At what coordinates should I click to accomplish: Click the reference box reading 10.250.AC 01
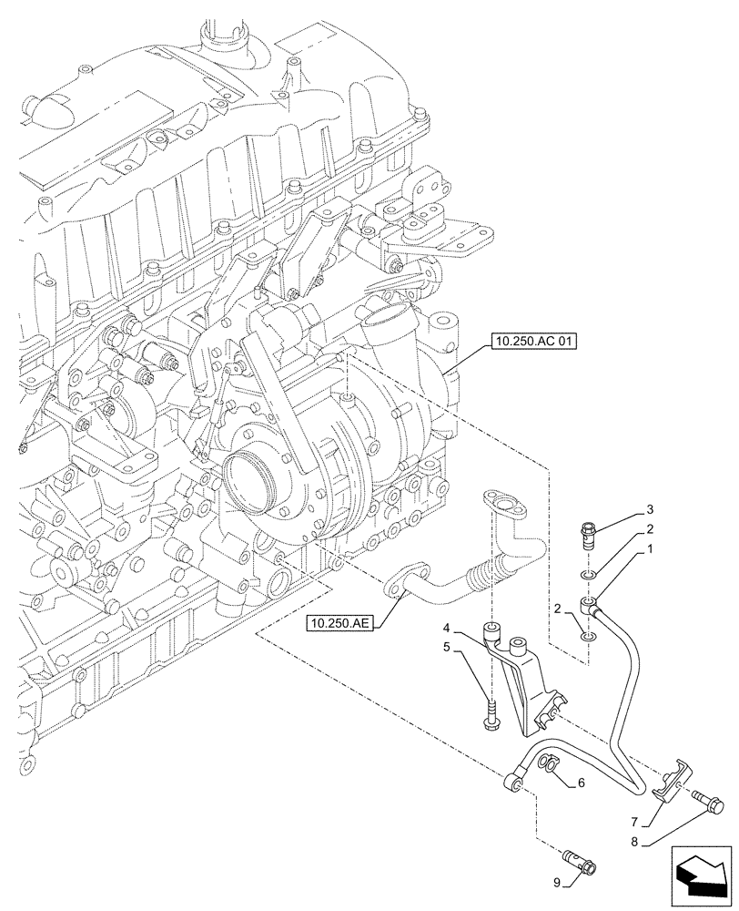coord(533,343)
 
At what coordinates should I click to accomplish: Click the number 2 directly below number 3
coord(651,529)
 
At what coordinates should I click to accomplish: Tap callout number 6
coord(580,783)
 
